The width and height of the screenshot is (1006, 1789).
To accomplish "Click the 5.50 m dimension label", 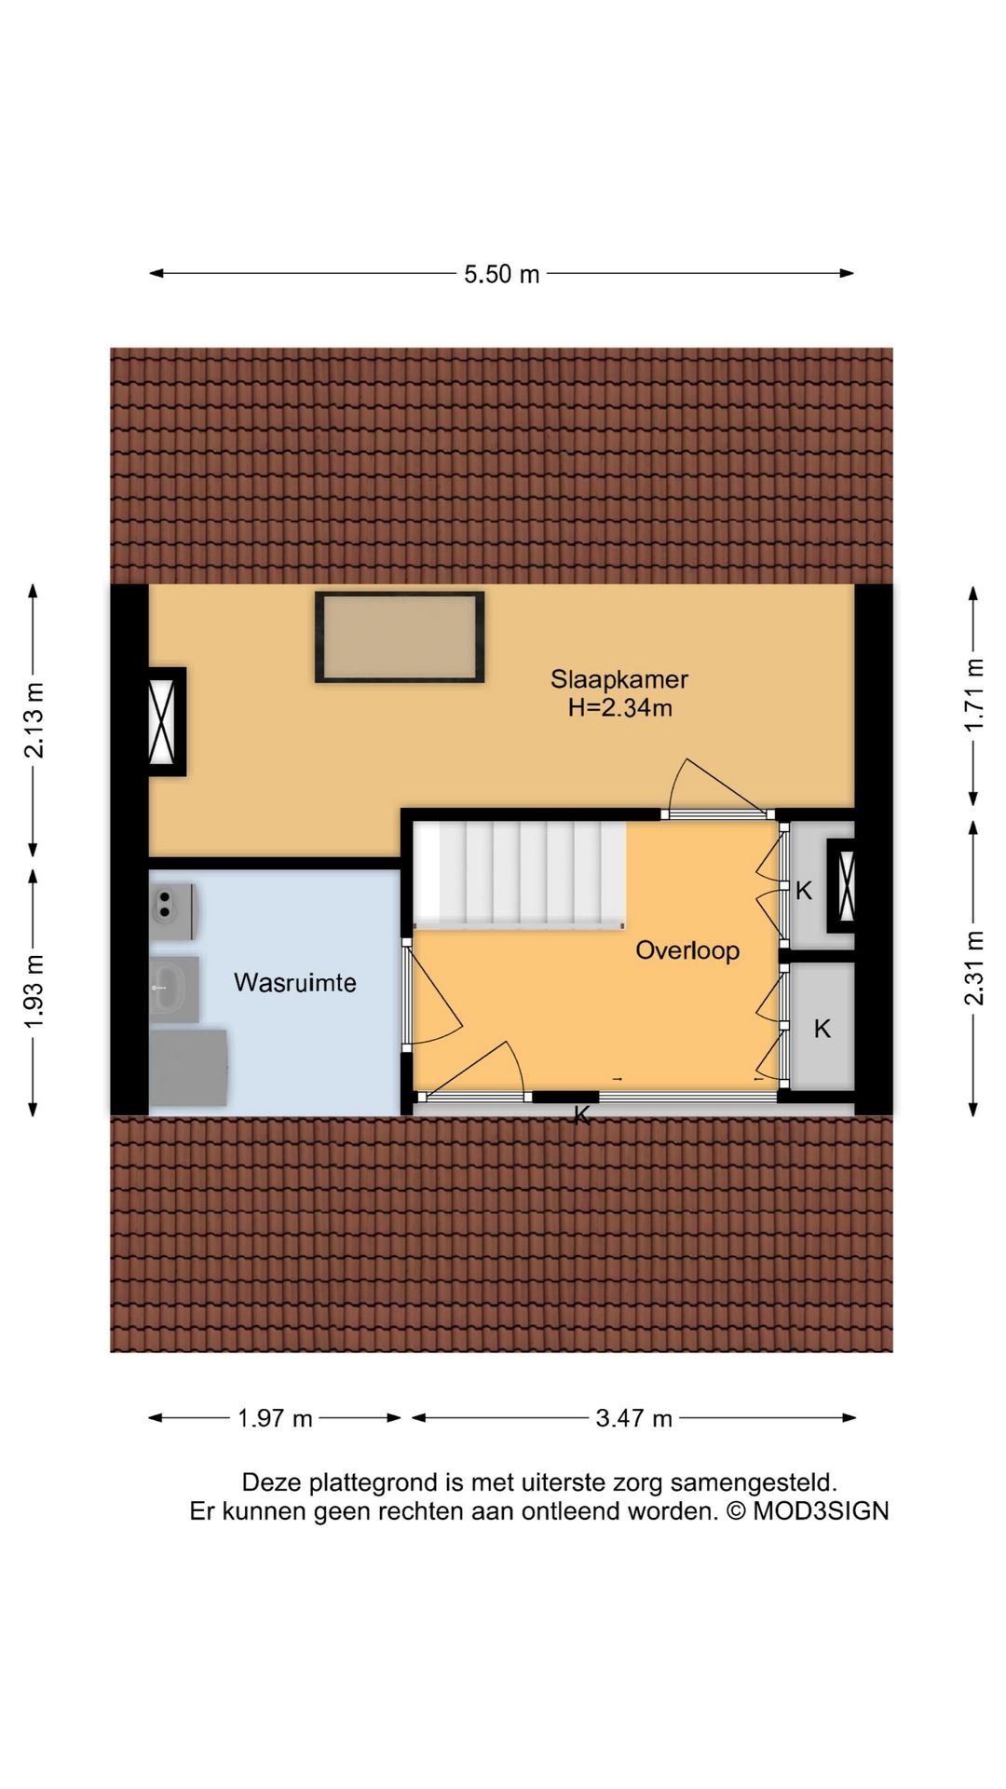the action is pyautogui.click(x=502, y=274).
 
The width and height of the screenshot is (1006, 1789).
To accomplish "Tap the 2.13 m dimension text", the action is pyautogui.click(x=34, y=720).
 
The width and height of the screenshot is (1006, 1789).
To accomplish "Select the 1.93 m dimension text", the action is pyautogui.click(x=34, y=992).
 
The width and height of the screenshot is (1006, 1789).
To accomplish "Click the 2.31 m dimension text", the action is pyautogui.click(x=974, y=968).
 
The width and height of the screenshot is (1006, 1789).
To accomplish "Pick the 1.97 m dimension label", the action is pyautogui.click(x=276, y=1418).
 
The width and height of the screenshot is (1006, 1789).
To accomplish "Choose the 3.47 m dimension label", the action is pyautogui.click(x=634, y=1418).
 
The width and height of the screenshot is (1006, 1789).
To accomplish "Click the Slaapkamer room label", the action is pyautogui.click(x=619, y=678).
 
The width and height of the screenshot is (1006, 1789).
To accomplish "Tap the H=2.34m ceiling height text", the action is pyautogui.click(x=620, y=708).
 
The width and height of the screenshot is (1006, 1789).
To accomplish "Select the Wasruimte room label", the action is pyautogui.click(x=295, y=983).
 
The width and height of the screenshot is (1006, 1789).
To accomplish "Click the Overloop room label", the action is pyautogui.click(x=687, y=950).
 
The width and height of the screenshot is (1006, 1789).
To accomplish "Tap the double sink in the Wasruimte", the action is pyautogui.click(x=172, y=911).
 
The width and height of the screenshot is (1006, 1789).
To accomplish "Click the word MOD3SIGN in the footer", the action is pyautogui.click(x=821, y=1511).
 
